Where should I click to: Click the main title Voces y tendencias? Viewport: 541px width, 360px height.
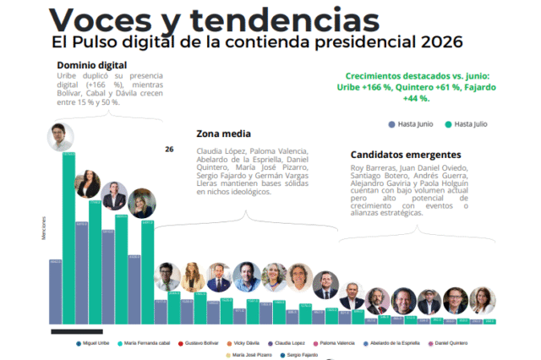click(x=190, y=19)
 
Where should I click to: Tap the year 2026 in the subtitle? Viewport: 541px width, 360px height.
click(x=433, y=41)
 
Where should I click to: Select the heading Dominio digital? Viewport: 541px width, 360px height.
click(x=91, y=66)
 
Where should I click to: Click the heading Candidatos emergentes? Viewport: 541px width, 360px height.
click(x=405, y=155)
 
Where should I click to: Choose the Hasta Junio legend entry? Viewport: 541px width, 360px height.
click(x=413, y=124)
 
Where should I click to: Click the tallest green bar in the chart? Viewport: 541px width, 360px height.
click(x=68, y=237)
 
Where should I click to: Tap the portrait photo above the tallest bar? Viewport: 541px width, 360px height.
click(x=60, y=136)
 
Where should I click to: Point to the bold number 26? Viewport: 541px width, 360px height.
click(x=169, y=149)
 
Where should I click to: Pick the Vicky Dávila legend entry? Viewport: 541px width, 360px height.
click(x=244, y=343)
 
